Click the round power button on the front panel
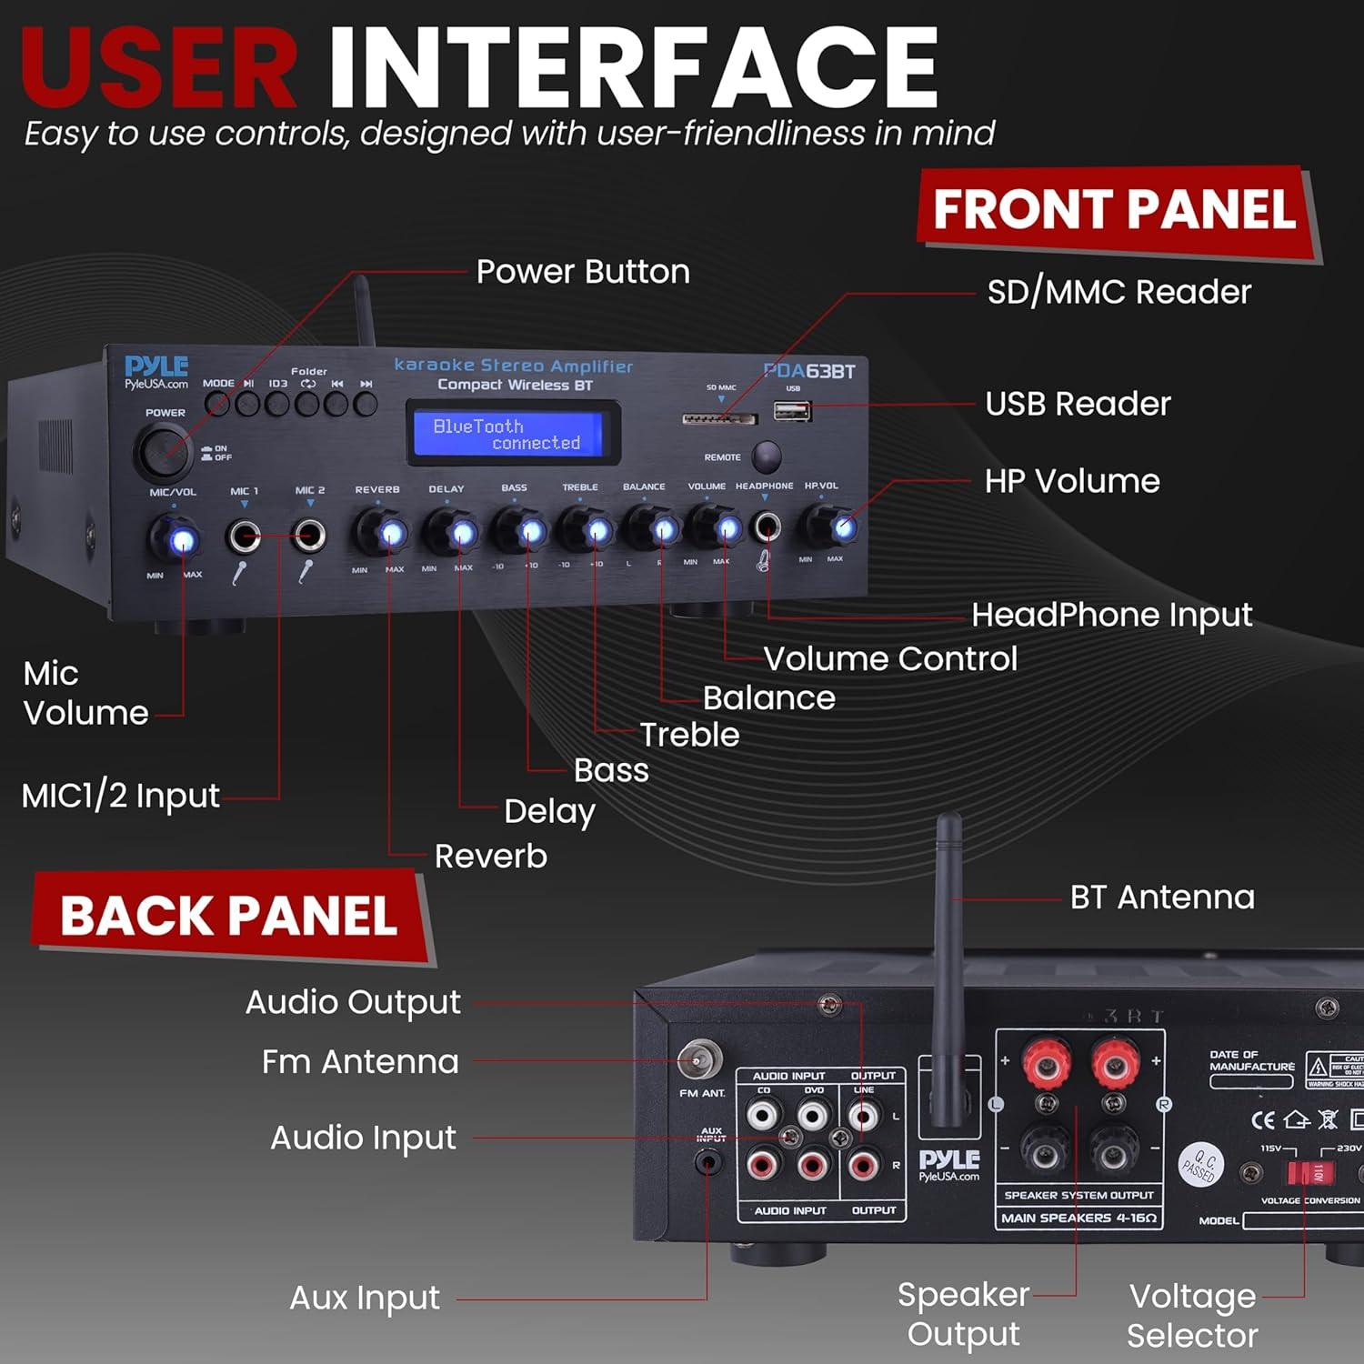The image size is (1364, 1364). (165, 450)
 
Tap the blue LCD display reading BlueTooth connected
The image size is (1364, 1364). (513, 434)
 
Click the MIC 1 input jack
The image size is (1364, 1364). (244, 536)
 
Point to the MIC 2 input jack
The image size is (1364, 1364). (309, 535)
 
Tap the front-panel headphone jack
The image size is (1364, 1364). (766, 526)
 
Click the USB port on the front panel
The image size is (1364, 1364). (792, 411)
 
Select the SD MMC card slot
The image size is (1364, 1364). (719, 419)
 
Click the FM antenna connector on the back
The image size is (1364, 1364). (699, 1060)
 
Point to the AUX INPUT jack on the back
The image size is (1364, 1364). (707, 1161)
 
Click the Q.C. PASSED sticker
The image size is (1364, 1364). (1201, 1165)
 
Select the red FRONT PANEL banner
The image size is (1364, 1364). (1117, 211)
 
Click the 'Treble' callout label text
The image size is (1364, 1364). (689, 735)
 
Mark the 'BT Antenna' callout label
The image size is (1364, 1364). (1161, 898)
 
